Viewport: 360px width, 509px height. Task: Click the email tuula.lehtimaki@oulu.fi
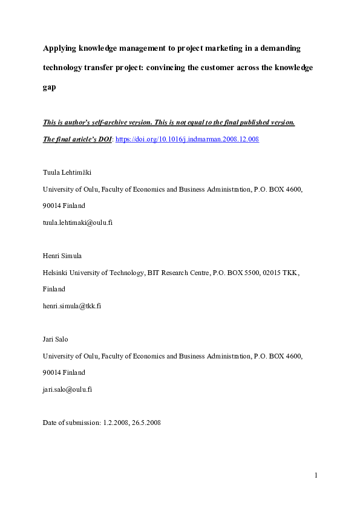point(77,222)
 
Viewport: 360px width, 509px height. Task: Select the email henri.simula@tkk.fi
point(71,305)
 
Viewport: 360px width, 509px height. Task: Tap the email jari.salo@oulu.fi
point(67,389)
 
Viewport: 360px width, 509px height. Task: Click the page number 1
point(315,475)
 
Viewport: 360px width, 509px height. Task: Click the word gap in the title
point(49,86)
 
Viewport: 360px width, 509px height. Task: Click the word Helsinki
point(55,272)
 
